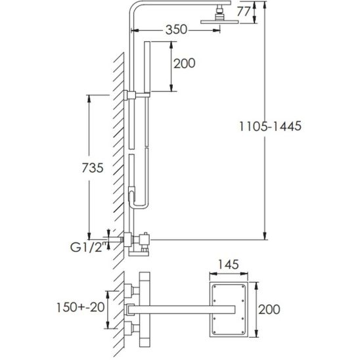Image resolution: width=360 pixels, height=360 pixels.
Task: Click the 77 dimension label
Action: tap(244, 12)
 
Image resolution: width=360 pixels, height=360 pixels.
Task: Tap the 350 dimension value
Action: tap(176, 30)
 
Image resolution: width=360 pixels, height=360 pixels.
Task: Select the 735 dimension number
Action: tap(93, 168)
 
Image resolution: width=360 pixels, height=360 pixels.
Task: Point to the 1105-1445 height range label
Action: tap(270, 126)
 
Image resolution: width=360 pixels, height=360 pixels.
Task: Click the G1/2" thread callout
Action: tap(89, 247)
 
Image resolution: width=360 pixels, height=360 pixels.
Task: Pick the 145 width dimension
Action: tap(229, 265)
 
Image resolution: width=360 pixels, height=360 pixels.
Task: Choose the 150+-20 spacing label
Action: tap(81, 307)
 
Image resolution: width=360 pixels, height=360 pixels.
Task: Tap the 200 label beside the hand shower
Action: tap(185, 63)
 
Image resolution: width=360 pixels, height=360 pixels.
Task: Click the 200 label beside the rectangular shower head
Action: tap(269, 309)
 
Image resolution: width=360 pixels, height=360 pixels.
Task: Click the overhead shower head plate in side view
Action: tap(219, 22)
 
